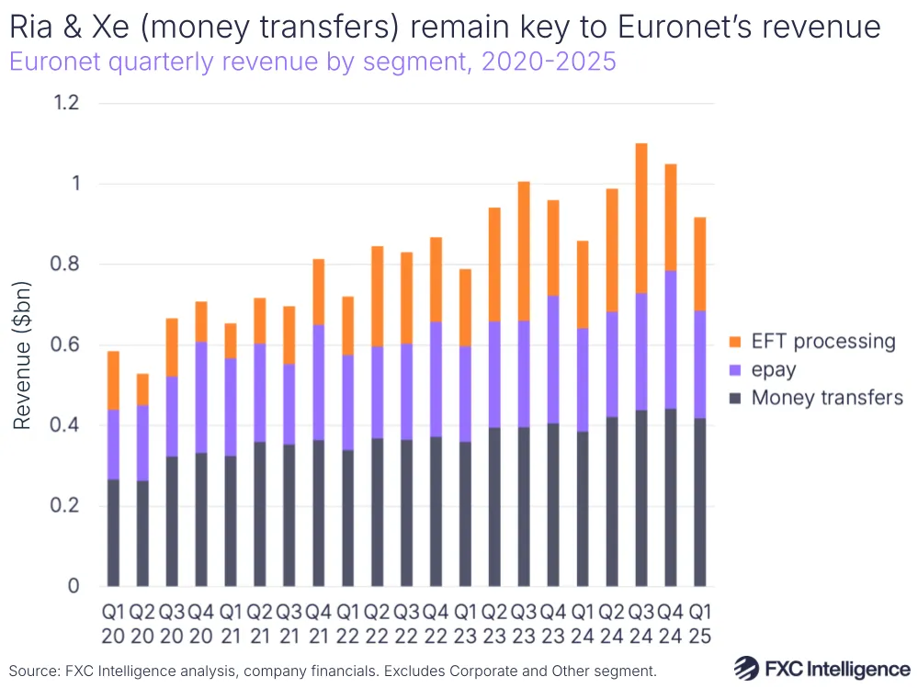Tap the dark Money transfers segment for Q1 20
click(x=113, y=533)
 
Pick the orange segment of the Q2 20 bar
click(x=142, y=389)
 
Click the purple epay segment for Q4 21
click(x=319, y=382)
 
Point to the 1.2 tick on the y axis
click(x=66, y=103)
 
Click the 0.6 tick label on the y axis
click(x=66, y=345)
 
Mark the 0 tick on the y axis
click(x=74, y=586)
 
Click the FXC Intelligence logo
click(x=822, y=668)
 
